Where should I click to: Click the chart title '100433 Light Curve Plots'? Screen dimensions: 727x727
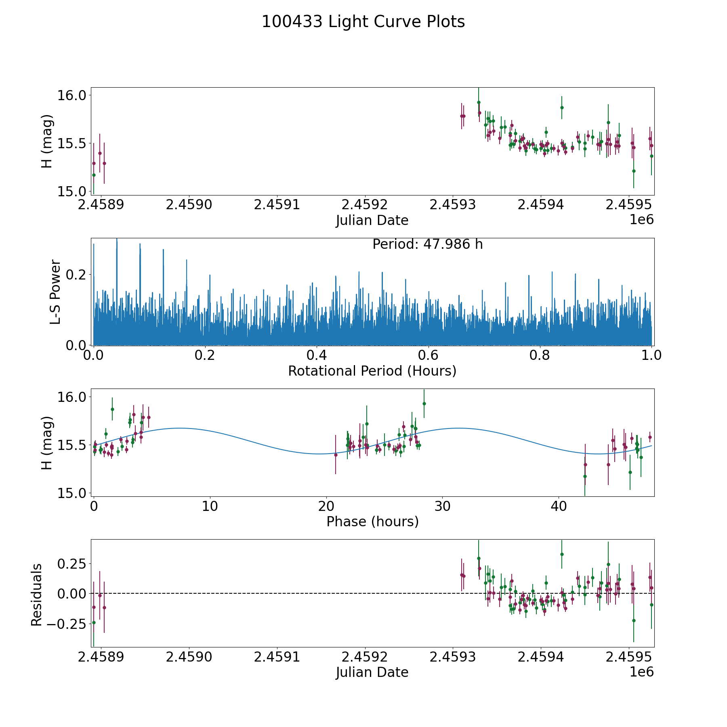[x=363, y=22]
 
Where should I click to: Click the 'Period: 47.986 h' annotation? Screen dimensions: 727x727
[x=427, y=244]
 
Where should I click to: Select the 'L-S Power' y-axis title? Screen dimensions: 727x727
[x=55, y=292]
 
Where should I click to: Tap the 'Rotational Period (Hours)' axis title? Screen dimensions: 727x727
[x=372, y=371]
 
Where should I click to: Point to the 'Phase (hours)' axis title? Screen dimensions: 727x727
[x=372, y=521]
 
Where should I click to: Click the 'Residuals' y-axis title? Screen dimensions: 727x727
[x=37, y=595]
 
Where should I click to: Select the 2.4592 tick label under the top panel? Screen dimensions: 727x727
[x=365, y=205]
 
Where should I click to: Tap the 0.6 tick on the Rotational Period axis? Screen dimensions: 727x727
[x=428, y=355]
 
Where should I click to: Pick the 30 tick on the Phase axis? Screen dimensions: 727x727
[x=442, y=506]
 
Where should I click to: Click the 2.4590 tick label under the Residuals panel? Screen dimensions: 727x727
[x=189, y=657]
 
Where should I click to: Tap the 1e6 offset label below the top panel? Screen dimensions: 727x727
[x=641, y=220]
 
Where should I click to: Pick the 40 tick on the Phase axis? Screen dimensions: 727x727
[x=559, y=506]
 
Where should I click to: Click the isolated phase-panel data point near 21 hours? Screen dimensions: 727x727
[x=336, y=455]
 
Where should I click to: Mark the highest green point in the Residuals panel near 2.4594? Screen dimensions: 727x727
[x=561, y=555]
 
